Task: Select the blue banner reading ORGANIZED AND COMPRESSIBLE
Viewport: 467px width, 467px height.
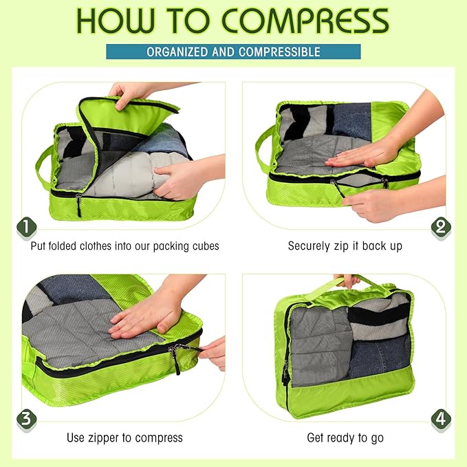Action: coord(233,52)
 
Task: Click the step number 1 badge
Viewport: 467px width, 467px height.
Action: coord(26,226)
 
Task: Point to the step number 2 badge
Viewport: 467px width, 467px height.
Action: coord(440,226)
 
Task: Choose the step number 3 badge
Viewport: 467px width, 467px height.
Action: coord(26,417)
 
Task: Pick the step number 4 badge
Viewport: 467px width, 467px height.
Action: coord(440,417)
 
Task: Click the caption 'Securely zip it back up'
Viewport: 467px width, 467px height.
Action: coord(345,246)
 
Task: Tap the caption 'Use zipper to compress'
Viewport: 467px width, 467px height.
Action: coord(124,437)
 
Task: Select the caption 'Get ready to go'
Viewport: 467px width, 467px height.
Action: coord(345,437)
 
